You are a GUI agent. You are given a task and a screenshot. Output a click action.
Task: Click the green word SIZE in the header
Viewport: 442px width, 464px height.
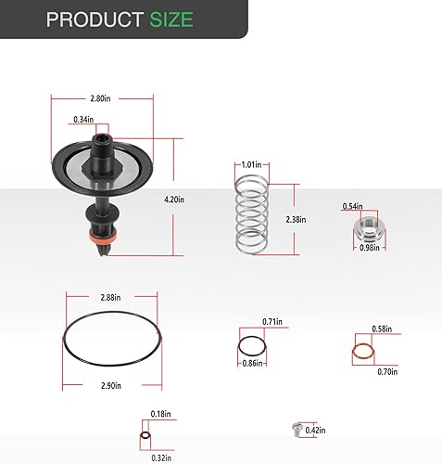171,19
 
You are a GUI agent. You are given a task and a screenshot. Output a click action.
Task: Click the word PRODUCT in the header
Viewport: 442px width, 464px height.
95,19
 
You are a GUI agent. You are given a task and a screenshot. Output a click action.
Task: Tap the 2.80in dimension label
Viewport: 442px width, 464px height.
100,98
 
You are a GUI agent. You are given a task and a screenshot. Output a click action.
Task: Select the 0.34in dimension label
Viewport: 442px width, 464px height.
83,119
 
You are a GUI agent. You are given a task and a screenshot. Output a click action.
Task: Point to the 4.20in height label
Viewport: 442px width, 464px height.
174,200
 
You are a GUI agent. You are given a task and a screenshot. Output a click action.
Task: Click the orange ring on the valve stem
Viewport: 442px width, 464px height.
103,237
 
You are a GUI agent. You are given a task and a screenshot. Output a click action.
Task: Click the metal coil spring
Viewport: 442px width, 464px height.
251,214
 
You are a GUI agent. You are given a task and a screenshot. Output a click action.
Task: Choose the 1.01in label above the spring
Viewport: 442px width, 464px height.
251,164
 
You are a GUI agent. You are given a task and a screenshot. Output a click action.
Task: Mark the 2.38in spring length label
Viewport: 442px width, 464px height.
296,219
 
